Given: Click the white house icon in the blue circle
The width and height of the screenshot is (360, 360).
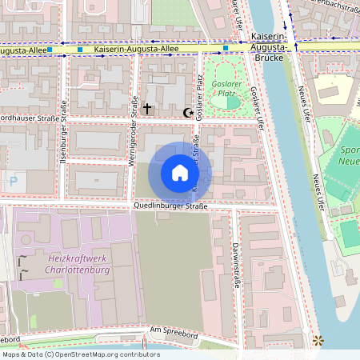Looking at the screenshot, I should [x=180, y=173].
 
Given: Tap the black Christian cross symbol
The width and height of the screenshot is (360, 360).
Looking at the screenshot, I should [x=147, y=107].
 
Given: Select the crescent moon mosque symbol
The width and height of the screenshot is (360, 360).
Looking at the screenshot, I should [x=189, y=113].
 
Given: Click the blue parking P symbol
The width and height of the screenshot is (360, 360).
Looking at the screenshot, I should [x=13, y=182].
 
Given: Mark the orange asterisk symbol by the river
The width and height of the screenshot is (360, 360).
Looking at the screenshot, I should [x=320, y=341].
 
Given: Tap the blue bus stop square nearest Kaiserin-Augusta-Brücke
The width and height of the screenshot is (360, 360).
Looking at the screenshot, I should [x=226, y=49].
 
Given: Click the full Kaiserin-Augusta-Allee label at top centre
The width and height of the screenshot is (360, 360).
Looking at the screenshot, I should [x=135, y=50].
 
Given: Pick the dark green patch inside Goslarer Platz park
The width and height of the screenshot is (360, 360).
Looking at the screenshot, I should [x=232, y=102].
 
